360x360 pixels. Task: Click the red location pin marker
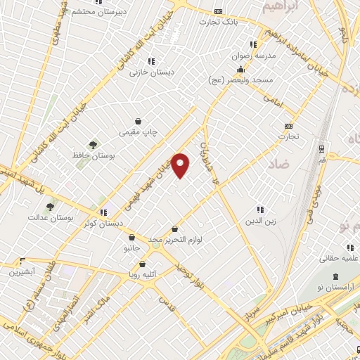(181, 165)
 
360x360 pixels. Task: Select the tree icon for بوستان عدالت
(49, 207)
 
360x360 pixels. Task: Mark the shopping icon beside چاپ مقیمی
(139, 120)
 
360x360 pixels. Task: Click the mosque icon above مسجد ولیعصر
(240, 70)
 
